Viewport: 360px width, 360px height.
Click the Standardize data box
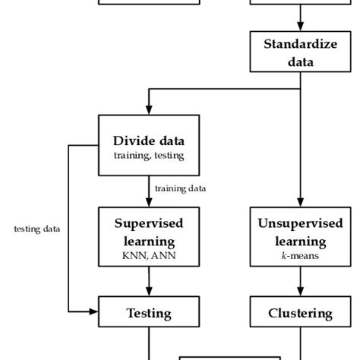(300, 52)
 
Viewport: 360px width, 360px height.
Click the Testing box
(149, 312)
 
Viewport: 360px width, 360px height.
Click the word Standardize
(300, 43)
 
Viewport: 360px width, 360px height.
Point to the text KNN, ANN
(149, 257)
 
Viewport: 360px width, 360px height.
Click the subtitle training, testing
(149, 156)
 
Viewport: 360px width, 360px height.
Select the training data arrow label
(180, 188)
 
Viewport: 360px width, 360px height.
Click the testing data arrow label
(36, 229)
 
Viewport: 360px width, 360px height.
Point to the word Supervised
(149, 223)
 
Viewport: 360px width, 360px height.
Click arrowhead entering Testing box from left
(95, 311)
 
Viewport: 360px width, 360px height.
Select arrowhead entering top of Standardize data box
(300, 28)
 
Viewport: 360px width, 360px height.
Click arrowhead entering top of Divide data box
(149, 110)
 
